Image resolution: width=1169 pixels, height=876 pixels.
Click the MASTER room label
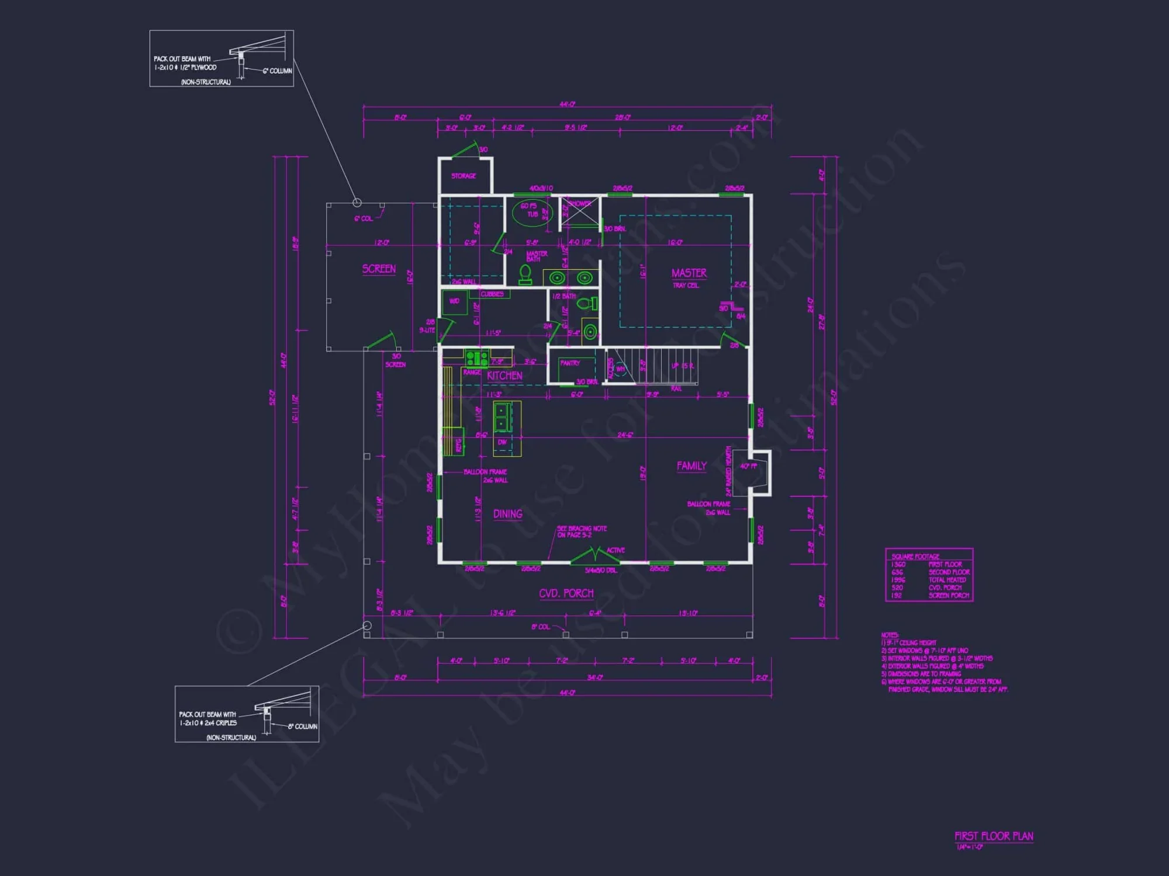point(689,273)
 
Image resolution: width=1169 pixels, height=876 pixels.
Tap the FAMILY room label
point(691,466)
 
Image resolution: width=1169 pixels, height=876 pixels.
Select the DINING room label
point(507,514)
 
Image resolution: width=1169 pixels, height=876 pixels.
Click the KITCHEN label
point(504,376)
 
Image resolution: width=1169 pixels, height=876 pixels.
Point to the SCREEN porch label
point(379,269)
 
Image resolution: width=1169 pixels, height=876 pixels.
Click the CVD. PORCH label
point(566,593)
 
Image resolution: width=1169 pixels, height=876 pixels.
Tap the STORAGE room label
point(464,176)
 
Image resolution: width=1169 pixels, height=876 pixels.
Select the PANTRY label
point(570,363)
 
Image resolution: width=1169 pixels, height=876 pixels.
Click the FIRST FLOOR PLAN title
point(994,836)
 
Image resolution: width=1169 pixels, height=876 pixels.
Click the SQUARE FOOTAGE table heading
point(915,557)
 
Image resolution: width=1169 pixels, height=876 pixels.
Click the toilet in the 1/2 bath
point(586,304)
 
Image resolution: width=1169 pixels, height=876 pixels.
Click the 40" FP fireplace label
point(748,466)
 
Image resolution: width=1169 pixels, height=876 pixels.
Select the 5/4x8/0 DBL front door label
point(601,570)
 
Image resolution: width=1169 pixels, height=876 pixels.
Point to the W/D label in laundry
point(454,301)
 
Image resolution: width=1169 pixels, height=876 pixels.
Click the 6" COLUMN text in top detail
point(277,71)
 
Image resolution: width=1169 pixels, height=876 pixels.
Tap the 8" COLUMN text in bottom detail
point(302,726)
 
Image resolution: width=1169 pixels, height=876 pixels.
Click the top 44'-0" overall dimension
point(567,105)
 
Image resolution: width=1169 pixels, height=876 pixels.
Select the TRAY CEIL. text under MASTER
point(686,286)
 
